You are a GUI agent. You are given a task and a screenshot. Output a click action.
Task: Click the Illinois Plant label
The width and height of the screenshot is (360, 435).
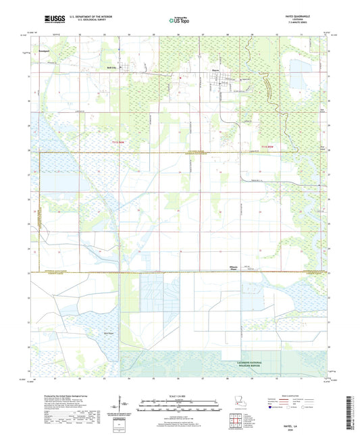tap(234, 267)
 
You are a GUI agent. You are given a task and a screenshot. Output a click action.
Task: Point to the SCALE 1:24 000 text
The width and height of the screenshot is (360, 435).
tap(179, 395)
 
